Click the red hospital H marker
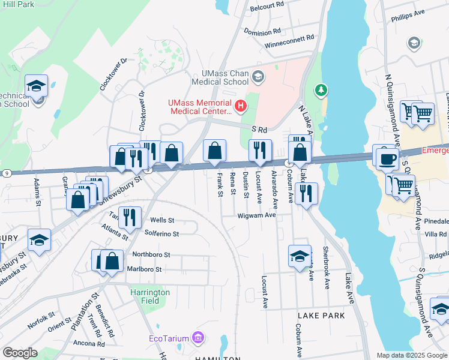coord(241,107)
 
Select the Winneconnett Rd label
coord(289,37)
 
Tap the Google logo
coord(20,352)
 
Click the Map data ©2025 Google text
coord(412,355)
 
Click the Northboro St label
coord(152,254)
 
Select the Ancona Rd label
coord(89,344)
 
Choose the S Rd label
coord(259,129)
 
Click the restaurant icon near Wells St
coord(130,217)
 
